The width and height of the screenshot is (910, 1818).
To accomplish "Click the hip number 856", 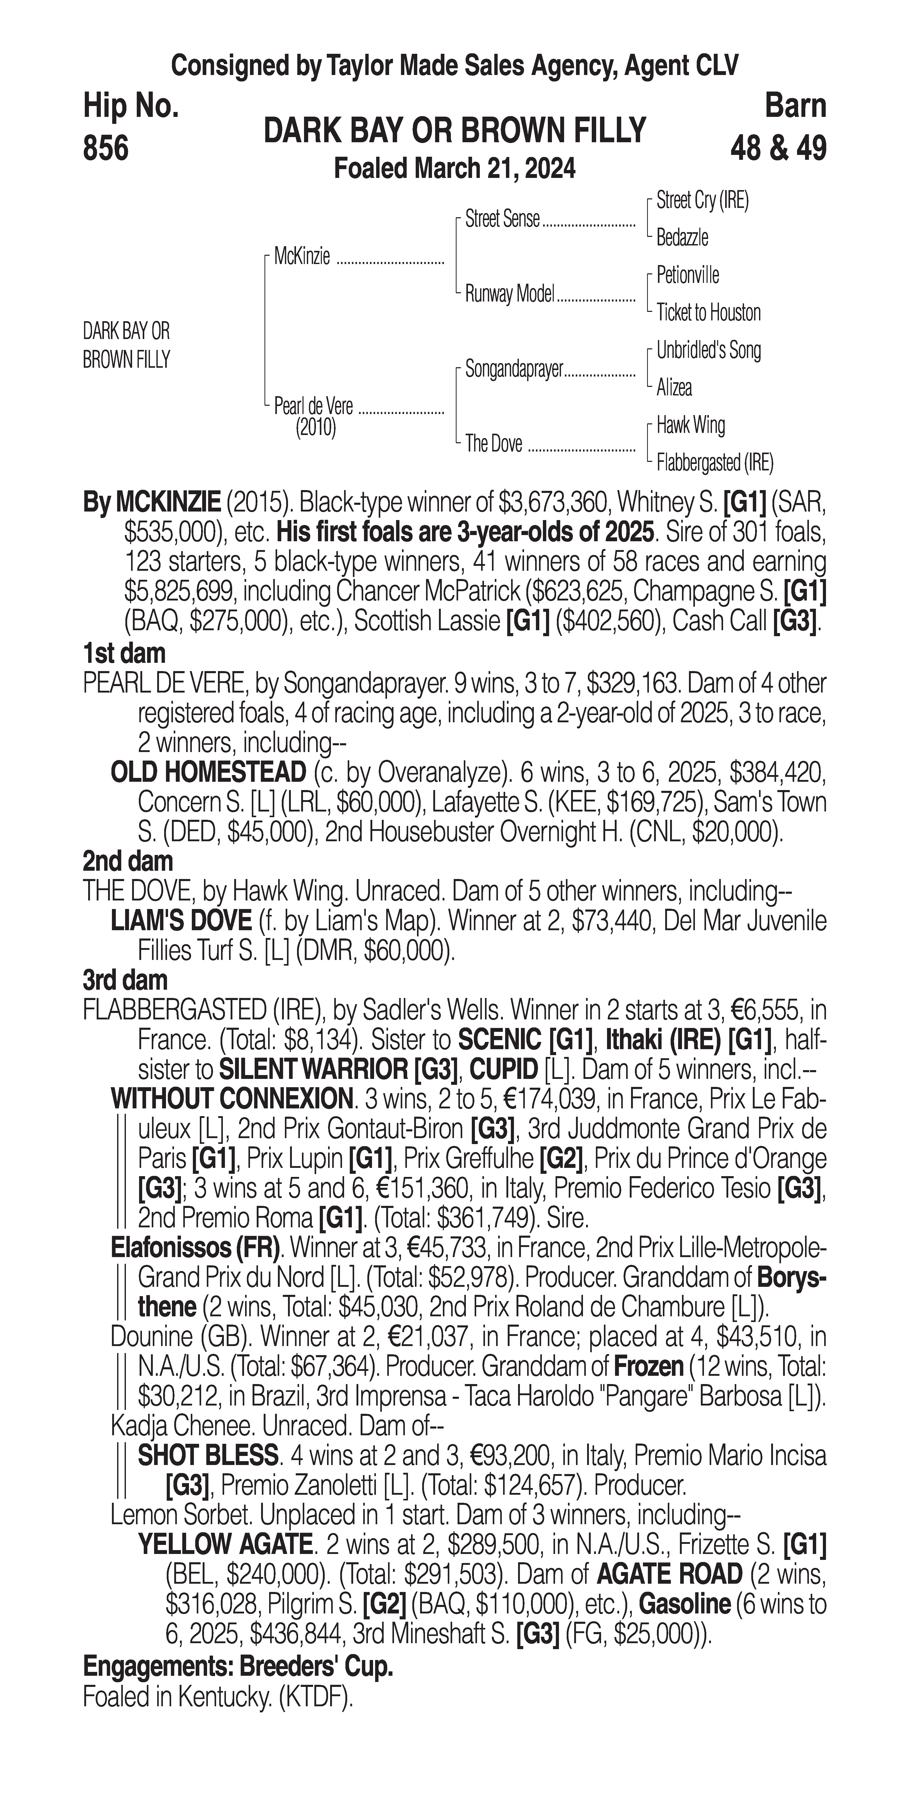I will tap(106, 149).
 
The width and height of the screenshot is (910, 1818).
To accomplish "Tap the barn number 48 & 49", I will tap(778, 149).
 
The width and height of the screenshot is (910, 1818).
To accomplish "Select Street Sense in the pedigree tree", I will tap(502, 220).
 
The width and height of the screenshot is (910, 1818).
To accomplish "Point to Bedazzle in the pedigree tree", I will tap(682, 238).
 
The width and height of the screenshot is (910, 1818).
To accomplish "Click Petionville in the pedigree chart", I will tap(688, 275).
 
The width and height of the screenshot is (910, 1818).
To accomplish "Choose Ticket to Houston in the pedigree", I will tap(708, 313).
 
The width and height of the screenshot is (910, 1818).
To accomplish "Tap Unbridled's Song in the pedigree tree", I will tap(708, 350).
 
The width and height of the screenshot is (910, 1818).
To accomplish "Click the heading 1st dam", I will tap(124, 653).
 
